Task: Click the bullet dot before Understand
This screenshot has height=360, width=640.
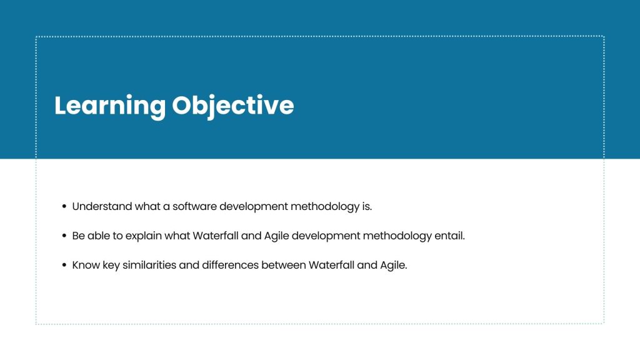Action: point(64,206)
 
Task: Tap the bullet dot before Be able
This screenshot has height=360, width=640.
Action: point(64,236)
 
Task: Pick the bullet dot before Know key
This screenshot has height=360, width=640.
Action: point(64,265)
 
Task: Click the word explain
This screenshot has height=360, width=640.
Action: point(143,236)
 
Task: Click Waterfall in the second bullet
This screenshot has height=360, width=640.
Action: point(216,236)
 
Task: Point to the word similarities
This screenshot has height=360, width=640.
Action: point(149,265)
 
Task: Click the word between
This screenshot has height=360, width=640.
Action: point(284,265)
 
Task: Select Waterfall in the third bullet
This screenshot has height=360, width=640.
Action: point(331,265)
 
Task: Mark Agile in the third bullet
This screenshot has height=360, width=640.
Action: point(394,266)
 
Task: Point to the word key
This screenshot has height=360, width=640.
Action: point(111,266)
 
